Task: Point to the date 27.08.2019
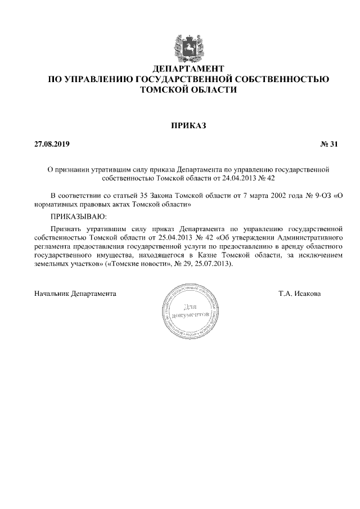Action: (x=52, y=145)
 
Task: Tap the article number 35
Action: (x=143, y=195)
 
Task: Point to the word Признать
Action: (x=65, y=229)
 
